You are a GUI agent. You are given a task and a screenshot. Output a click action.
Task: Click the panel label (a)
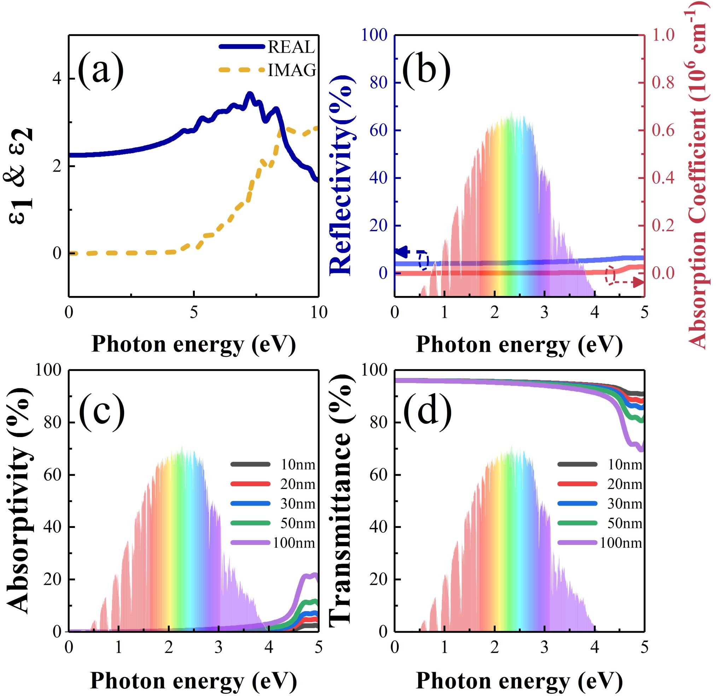pos(100,70)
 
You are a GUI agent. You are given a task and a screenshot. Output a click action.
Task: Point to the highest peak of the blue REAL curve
pos(250,94)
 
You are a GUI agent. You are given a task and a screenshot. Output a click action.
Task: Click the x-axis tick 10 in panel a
pos(318,313)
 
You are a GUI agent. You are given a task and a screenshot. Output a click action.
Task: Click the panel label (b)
pos(427,70)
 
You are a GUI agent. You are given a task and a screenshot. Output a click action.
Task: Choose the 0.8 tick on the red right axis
pos(663,83)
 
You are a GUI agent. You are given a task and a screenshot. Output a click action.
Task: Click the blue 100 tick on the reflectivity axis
pos(375,35)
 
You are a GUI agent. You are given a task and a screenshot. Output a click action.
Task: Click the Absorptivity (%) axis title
pos(18,499)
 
